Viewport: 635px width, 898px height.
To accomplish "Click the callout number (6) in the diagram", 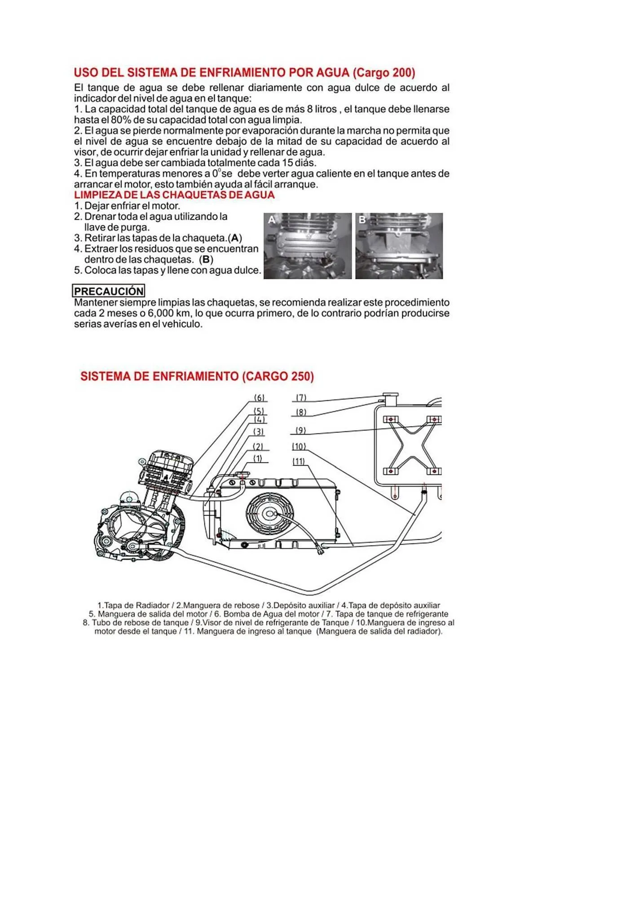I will (260, 398).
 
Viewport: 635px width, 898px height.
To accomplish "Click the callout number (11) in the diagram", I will (299, 461).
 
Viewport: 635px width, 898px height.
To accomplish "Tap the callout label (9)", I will (300, 430).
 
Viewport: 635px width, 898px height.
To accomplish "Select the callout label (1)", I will (258, 458).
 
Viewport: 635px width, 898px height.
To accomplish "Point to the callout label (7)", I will (301, 397).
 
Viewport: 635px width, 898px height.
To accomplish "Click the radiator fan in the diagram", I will (269, 513).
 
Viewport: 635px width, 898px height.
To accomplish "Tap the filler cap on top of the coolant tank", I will (389, 397).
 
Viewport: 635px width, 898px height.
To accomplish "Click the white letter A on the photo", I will (272, 220).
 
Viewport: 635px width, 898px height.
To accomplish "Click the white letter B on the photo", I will (362, 220).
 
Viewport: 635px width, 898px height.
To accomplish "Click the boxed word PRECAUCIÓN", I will (109, 291).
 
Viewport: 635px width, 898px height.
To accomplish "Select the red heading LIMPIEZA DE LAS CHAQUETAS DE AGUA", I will (174, 195).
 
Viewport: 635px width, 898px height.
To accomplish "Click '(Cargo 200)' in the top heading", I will (384, 73).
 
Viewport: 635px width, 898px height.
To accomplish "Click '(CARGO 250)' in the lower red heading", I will (278, 376).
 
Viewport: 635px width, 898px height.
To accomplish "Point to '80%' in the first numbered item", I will (121, 120).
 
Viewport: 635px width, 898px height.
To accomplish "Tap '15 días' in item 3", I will (299, 163).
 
